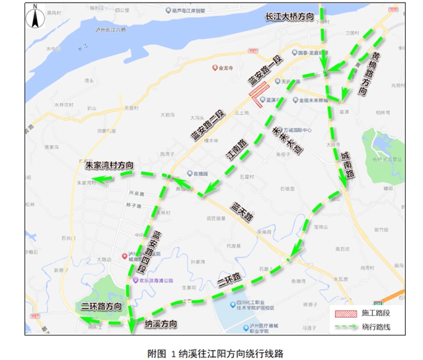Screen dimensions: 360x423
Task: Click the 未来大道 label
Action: tap(288, 139)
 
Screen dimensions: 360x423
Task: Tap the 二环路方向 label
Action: tap(102, 307)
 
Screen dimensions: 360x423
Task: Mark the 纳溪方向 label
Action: tap(161, 324)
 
